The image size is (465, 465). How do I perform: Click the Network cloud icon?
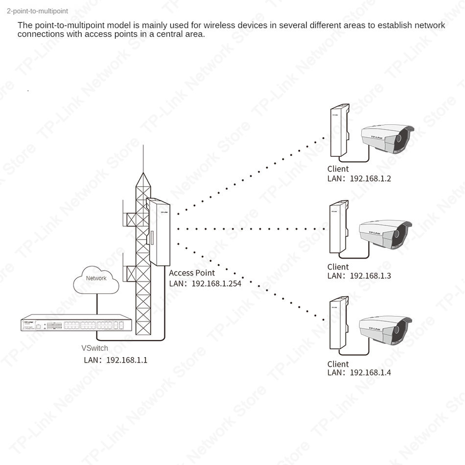click(96, 279)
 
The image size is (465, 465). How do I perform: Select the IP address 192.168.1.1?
click(127, 360)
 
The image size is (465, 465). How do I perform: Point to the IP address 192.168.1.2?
click(370, 178)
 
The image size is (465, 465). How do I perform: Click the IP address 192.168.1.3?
click(370, 276)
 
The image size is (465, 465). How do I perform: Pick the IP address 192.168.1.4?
click(370, 373)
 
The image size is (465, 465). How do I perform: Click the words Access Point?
click(192, 273)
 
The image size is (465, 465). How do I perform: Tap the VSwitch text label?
click(94, 348)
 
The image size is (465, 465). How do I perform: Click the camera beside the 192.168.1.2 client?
click(387, 138)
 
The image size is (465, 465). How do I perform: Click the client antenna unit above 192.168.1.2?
click(338, 132)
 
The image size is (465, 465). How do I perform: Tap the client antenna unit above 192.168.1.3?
click(338, 227)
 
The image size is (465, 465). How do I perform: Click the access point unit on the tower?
click(157, 230)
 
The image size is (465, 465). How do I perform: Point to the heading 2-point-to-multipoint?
click(41, 11)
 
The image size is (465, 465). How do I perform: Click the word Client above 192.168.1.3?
click(338, 267)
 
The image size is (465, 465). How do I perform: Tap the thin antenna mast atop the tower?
click(143, 159)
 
